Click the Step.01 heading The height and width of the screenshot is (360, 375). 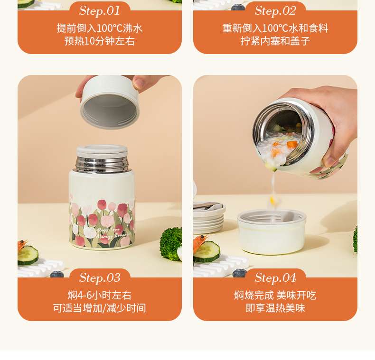click(100, 11)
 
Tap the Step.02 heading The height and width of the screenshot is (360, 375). click(275, 11)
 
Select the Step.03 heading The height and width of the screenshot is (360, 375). click(100, 278)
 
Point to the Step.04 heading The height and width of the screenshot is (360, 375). click(275, 278)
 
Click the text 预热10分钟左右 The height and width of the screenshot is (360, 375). click(100, 41)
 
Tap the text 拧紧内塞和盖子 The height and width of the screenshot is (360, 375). click(275, 41)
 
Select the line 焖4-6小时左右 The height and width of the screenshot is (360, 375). click(100, 295)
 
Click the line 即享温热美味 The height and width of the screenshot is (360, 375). click(275, 308)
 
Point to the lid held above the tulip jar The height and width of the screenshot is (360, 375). click(110, 103)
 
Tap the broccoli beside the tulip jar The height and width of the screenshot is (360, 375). click(170, 244)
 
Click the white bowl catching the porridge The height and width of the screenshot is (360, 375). click(272, 231)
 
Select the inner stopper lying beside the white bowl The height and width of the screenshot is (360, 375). click(209, 217)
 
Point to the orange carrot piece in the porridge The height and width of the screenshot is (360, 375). click(292, 144)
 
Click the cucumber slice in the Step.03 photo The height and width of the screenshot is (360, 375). click(28, 255)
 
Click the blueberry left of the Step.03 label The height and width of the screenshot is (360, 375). click(57, 274)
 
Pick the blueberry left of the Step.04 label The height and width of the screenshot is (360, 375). click(239, 274)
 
